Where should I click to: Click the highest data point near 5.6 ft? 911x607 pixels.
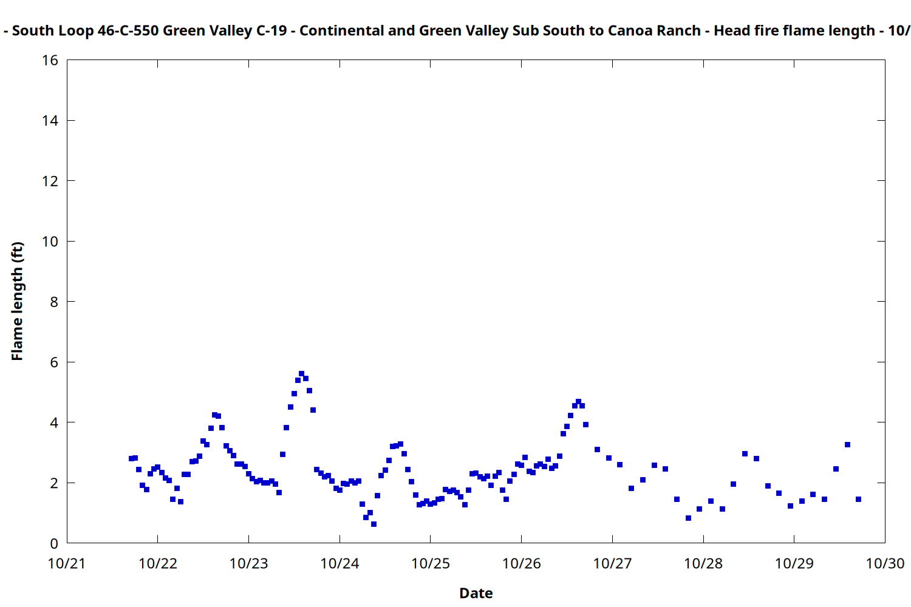[301, 374]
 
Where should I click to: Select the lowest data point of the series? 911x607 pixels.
[374, 524]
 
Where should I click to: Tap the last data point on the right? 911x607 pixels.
[858, 499]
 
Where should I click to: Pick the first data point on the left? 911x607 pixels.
[131, 458]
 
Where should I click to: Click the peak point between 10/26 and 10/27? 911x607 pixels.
[578, 402]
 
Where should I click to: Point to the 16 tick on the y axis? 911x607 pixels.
[50, 60]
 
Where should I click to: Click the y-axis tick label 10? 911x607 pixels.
[50, 241]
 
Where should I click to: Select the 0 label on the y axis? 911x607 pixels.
[54, 543]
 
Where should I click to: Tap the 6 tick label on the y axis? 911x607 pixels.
[54, 362]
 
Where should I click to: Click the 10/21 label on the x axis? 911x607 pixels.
[67, 563]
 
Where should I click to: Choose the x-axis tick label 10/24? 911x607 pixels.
[339, 563]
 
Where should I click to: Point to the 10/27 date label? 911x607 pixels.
[612, 563]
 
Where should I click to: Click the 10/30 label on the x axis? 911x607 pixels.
[885, 563]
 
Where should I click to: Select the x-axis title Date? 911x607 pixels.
[476, 593]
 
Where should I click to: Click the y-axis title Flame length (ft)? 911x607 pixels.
[17, 301]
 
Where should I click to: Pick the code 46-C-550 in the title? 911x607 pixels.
[128, 30]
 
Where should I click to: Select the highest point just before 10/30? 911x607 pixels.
[847, 444]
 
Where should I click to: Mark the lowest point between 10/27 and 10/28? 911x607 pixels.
[688, 518]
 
